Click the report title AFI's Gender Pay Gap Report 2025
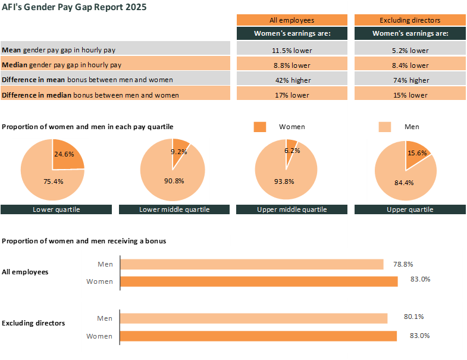point(74,7)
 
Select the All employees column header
point(292,20)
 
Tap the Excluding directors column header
point(410,20)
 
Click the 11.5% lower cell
point(292,50)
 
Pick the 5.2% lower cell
point(410,50)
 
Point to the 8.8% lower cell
point(292,65)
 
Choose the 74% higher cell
point(410,80)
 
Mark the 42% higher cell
point(292,80)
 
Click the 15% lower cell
point(410,95)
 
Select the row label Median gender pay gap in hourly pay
point(62,65)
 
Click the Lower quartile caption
point(57,209)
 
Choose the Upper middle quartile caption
point(292,209)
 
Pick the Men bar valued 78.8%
point(252,264)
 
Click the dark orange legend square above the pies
point(260,127)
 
